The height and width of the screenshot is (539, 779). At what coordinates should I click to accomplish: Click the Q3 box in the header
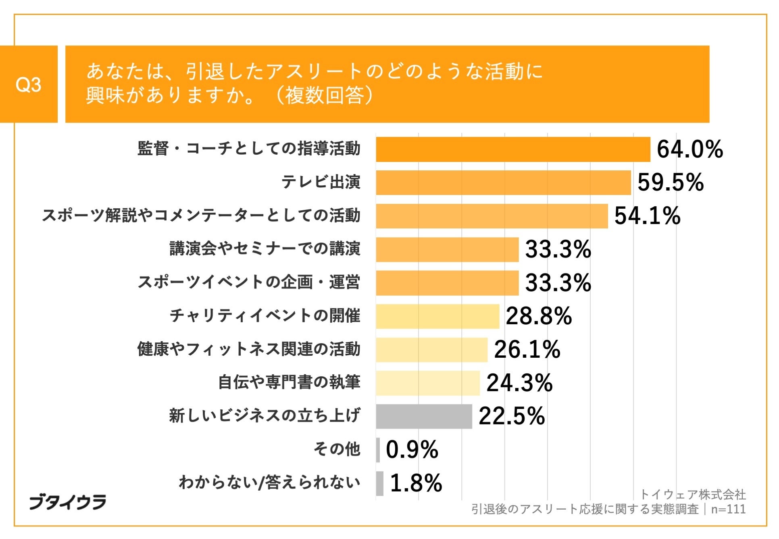(x=28, y=84)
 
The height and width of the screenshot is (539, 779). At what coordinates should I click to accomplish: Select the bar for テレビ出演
(x=503, y=182)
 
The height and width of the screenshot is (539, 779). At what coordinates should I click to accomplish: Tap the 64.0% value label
(x=689, y=149)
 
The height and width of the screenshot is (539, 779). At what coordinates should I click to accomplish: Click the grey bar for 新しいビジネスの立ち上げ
(x=424, y=417)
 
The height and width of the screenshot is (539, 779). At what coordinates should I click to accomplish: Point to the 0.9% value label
(x=412, y=450)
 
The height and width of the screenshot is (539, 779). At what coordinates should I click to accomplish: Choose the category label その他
(x=337, y=449)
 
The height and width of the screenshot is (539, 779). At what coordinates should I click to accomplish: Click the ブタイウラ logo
(x=67, y=502)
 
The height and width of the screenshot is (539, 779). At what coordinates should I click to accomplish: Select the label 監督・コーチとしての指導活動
(x=249, y=149)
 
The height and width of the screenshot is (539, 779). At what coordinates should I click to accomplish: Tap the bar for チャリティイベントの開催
(x=437, y=316)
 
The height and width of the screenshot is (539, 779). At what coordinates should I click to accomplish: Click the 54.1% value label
(x=647, y=216)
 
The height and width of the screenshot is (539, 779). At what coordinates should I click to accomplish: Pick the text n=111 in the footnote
(x=728, y=509)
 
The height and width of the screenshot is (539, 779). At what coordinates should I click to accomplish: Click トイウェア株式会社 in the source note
(x=693, y=494)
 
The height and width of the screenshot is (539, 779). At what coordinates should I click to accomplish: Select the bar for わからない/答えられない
(x=380, y=483)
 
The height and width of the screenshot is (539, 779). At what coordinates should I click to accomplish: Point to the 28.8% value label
(x=539, y=316)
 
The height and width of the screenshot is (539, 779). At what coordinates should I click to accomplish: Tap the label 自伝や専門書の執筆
(x=289, y=382)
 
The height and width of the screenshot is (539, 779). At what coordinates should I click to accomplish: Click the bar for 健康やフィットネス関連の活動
(x=431, y=350)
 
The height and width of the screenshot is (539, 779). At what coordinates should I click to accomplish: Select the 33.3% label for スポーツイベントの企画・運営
(x=558, y=283)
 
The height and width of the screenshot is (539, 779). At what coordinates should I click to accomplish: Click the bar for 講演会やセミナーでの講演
(x=447, y=249)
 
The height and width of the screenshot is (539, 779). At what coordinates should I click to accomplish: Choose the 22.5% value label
(x=512, y=417)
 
